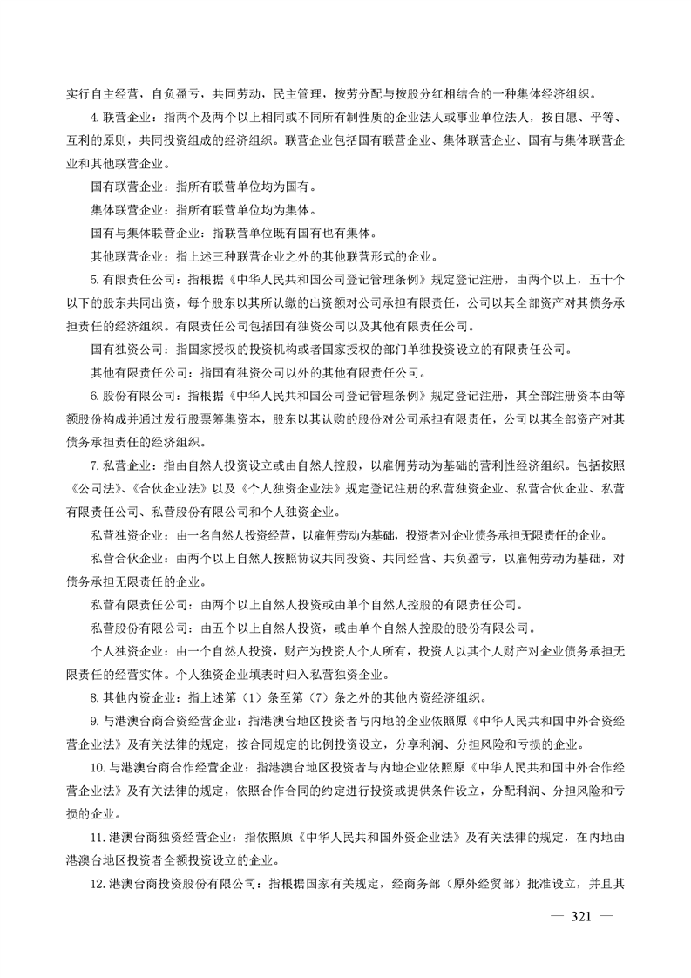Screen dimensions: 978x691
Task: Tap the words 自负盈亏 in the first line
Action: coord(173,94)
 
